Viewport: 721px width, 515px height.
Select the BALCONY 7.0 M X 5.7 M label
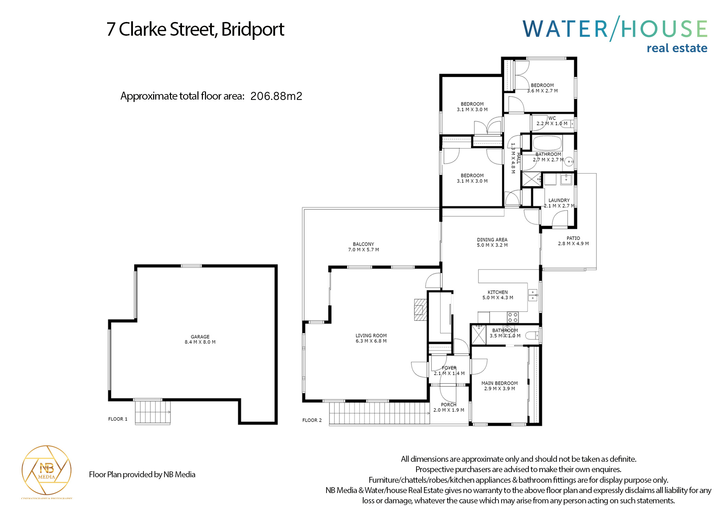coord(363,247)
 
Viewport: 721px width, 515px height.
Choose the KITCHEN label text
coord(497,292)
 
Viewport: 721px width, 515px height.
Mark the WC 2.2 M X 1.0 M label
coord(552,121)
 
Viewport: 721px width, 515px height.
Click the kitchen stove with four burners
coord(513,317)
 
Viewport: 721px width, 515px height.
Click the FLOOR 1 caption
coord(117,419)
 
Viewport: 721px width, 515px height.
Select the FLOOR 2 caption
coord(312,420)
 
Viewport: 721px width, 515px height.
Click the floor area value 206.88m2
coord(276,96)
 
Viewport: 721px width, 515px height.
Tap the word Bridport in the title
coord(253,29)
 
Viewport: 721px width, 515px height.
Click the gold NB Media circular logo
coord(46,470)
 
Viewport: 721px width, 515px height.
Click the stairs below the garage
coord(152,412)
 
